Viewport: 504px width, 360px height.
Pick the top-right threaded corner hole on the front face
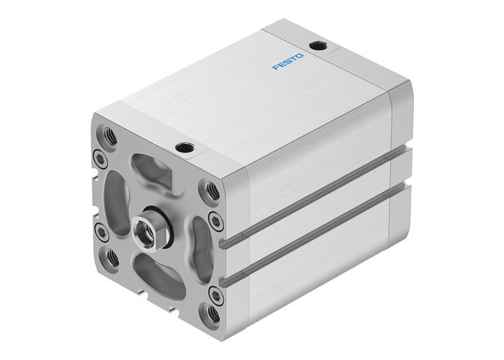[x=211, y=190]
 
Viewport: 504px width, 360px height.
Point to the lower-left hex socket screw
[x=101, y=230]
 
